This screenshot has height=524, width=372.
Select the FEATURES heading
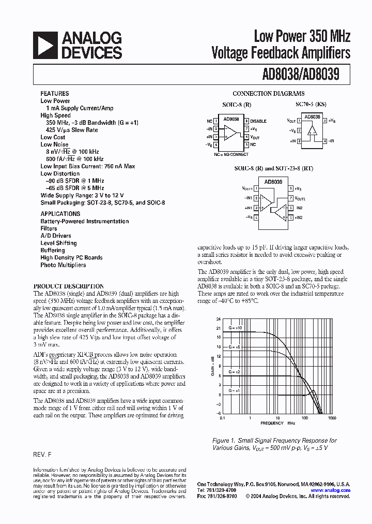point(54,94)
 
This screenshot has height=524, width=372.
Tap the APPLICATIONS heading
point(60,214)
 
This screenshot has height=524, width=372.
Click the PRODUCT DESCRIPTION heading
point(68,286)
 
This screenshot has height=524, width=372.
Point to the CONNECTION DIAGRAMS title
point(268,94)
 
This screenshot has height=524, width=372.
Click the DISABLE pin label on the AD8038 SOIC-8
point(258,121)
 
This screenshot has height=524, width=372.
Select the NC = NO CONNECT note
point(231,154)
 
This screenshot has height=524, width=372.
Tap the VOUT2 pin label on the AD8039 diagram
point(302,198)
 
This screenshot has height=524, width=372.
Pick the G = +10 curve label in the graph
point(236,328)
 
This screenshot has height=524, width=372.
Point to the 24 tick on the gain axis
point(218,319)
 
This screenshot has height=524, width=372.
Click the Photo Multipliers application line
point(63,265)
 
